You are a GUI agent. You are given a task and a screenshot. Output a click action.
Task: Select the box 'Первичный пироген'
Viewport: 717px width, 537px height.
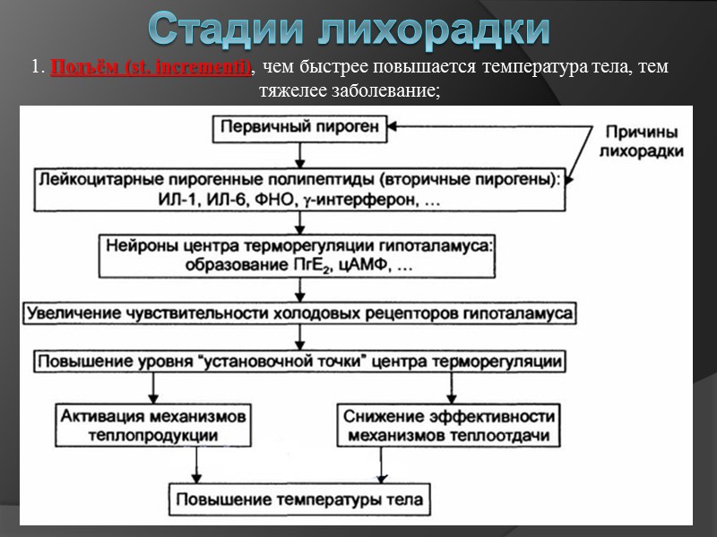[x=301, y=127]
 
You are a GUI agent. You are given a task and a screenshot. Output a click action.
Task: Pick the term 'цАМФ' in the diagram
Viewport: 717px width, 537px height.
[x=367, y=266]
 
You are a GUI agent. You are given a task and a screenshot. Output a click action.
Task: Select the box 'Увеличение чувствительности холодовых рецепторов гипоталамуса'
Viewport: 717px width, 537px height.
[x=300, y=313]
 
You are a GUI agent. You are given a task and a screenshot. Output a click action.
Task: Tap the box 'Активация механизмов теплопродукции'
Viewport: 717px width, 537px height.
[x=154, y=425]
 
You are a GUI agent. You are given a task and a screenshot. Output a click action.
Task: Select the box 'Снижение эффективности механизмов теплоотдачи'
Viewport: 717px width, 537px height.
[x=447, y=425]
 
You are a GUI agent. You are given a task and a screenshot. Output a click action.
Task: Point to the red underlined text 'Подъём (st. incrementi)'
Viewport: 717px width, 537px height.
[x=151, y=68]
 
